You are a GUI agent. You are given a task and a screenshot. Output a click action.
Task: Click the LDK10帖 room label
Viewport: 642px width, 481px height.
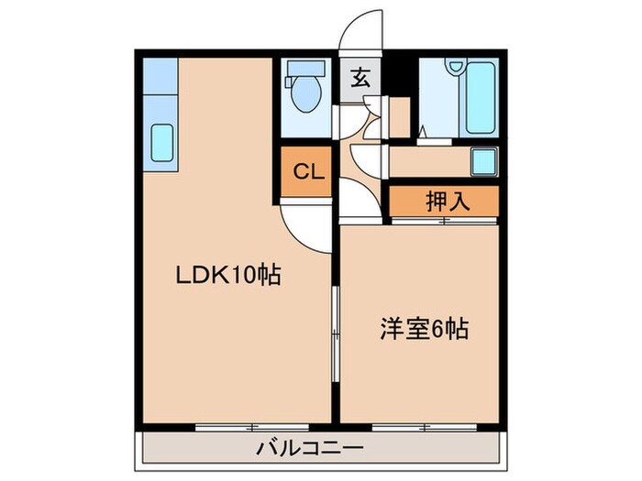point(227,274)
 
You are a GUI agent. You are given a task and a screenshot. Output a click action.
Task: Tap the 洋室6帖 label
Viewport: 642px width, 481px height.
point(425,327)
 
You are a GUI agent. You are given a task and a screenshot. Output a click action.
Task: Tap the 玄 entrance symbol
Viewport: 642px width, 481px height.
point(360,78)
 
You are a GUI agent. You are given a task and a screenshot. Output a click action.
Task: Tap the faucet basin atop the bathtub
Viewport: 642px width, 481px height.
point(456,66)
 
